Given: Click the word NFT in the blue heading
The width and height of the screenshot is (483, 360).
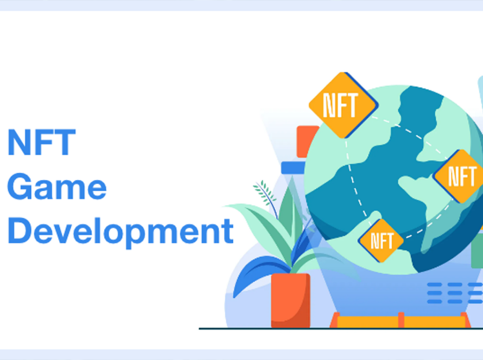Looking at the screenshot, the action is pos(41,142).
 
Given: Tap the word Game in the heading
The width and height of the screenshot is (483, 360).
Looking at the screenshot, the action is pos(57,186).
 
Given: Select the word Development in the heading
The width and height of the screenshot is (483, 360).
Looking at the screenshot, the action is pos(120,232).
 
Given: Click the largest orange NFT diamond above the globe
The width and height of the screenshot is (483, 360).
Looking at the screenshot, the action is pos(344,105).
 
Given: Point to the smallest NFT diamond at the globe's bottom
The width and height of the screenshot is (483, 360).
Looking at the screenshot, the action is pos(381,241).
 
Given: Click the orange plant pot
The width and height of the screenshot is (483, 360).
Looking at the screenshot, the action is pos(290,300).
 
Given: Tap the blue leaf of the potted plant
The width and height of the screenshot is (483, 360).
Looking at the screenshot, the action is pos(259,274).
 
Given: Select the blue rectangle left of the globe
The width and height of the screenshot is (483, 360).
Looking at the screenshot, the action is pos(293,168).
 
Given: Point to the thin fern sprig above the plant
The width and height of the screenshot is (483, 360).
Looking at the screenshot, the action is pos(265,197).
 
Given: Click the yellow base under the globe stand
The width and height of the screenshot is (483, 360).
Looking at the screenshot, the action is pos(401,322).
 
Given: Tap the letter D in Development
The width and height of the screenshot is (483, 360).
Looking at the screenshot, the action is pos(20,230).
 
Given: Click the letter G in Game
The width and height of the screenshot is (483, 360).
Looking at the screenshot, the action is pos(20,186).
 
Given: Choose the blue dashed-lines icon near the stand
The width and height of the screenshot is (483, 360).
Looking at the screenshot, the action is pos(455,293).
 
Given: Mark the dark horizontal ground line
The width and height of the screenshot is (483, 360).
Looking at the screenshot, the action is pos(341,329).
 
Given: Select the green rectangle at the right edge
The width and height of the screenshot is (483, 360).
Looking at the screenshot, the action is pos(477,250).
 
